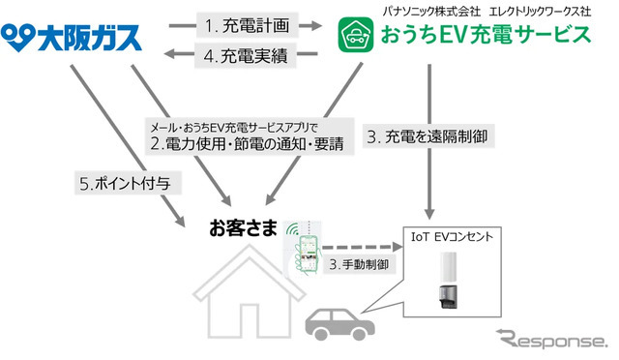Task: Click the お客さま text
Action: click(243, 229)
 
